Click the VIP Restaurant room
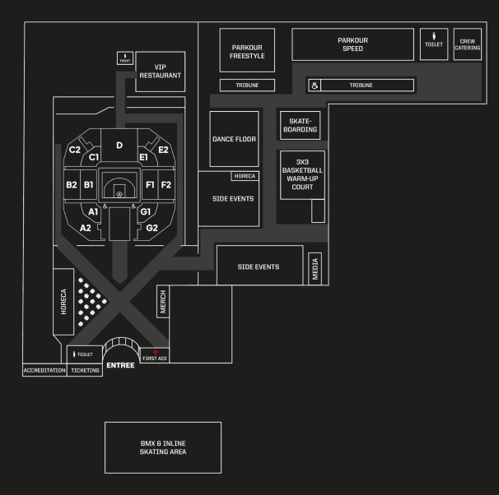click(x=160, y=72)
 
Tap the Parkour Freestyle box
click(x=247, y=51)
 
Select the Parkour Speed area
click(x=352, y=44)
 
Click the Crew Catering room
click(x=468, y=44)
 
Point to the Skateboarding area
click(x=298, y=125)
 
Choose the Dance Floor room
click(x=234, y=139)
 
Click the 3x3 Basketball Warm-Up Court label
click(x=301, y=174)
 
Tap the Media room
click(x=315, y=266)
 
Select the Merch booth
click(x=163, y=304)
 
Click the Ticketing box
click(x=85, y=371)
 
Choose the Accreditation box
click(x=44, y=371)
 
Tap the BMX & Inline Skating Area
click(x=162, y=447)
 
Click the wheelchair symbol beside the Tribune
click(x=315, y=85)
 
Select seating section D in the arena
click(x=119, y=146)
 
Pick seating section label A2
click(x=86, y=227)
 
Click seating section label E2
click(x=163, y=150)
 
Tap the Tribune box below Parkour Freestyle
click(x=246, y=85)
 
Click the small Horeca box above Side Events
click(x=245, y=176)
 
